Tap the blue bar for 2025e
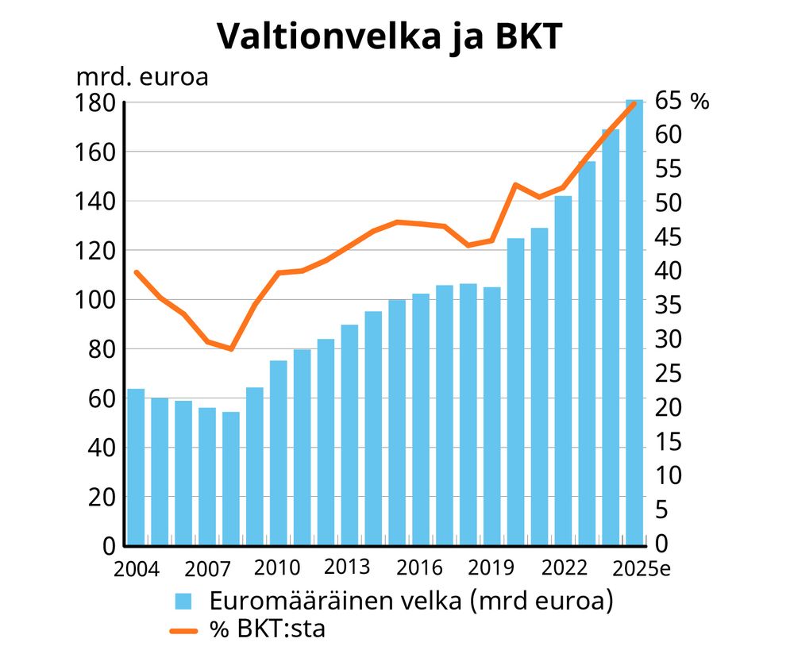point(634,323)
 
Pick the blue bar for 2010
point(278,453)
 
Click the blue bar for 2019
point(492,417)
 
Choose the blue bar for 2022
point(563,371)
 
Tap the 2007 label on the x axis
point(208,569)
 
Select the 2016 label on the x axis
point(421,568)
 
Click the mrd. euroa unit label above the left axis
point(142,78)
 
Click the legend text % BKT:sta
point(268,629)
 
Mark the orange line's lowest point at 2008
point(231,349)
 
